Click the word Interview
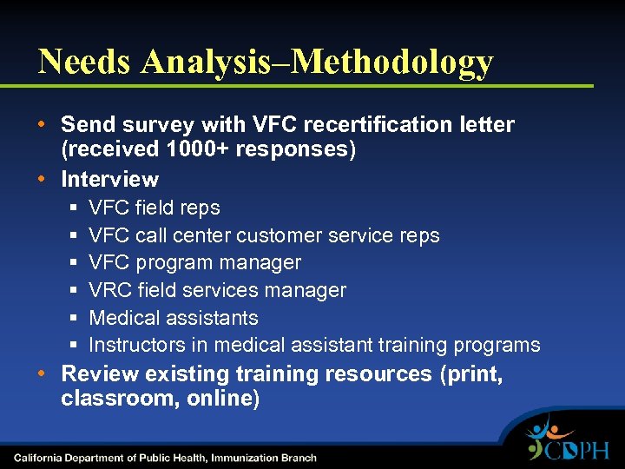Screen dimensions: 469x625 109,180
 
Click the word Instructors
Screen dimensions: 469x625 137,346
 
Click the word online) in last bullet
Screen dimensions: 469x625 222,400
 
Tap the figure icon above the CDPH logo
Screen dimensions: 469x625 547,427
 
